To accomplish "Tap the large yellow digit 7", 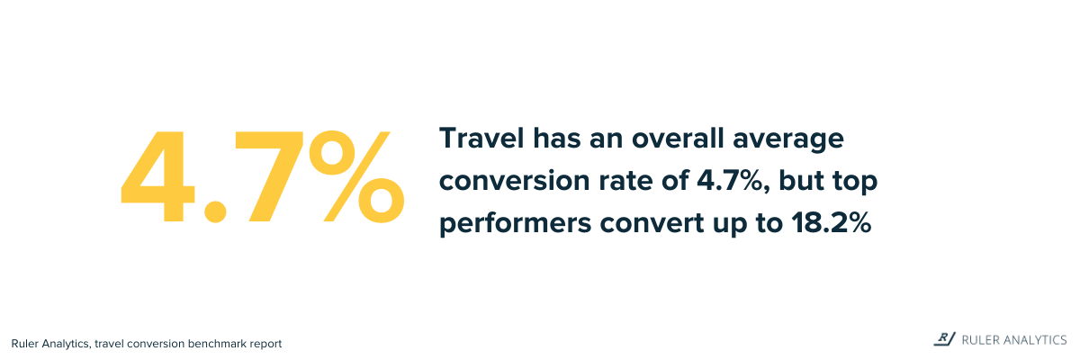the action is [x=268, y=176].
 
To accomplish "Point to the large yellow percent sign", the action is [x=356, y=176].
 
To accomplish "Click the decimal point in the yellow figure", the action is [x=214, y=212].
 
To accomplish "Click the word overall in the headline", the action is [x=678, y=138].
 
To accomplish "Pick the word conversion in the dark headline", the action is [x=515, y=181].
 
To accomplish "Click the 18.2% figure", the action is [x=832, y=223].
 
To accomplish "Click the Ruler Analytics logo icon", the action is [x=944, y=339].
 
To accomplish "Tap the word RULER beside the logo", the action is [x=978, y=340].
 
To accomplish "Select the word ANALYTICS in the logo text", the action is [x=1033, y=340].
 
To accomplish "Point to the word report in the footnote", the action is [x=265, y=345].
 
